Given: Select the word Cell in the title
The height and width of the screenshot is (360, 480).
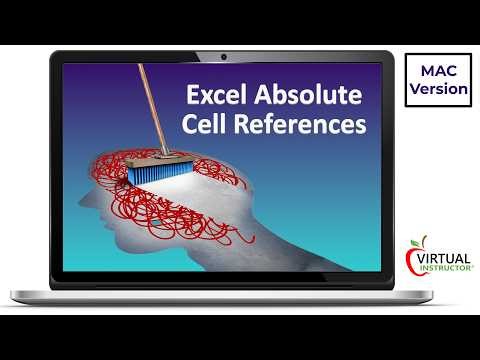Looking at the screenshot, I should coord(207,127).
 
